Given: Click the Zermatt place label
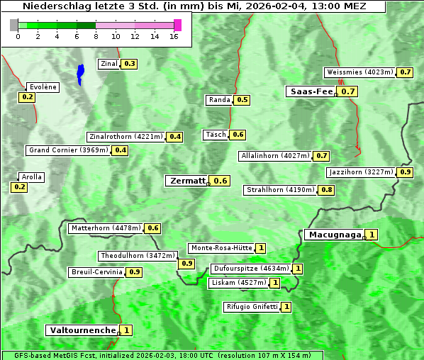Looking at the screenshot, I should pyautogui.click(x=187, y=181).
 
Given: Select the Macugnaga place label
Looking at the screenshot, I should pyautogui.click(x=333, y=235).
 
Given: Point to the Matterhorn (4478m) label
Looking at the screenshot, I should pyautogui.click(x=105, y=228).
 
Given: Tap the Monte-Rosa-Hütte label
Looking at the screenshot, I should pyautogui.click(x=221, y=248).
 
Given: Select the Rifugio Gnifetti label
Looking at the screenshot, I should pyautogui.click(x=251, y=307).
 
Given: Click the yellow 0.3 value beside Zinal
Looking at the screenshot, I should pyautogui.click(x=129, y=64).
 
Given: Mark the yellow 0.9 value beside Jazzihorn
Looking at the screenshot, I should pyautogui.click(x=406, y=172).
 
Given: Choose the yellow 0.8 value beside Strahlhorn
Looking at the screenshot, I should pyautogui.click(x=327, y=190).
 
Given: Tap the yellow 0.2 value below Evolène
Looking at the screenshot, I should pyautogui.click(x=28, y=97).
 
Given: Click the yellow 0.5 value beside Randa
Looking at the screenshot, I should pyautogui.click(x=242, y=100).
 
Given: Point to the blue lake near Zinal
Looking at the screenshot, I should pyautogui.click(x=80, y=73).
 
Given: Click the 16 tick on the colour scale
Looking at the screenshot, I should pyautogui.click(x=174, y=36).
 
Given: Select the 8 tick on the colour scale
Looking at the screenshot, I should pyautogui.click(x=96, y=36).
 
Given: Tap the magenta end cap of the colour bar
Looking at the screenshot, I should pyautogui.click(x=177, y=26).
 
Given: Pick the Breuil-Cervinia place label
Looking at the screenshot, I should pyautogui.click(x=96, y=272).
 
